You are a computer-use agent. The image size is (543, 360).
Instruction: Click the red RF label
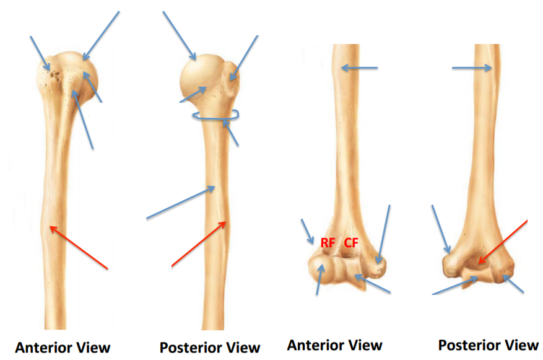pyautogui.click(x=328, y=243)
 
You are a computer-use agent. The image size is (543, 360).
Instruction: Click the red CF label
pyautogui.click(x=352, y=243)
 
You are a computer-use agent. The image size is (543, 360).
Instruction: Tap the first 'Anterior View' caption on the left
pyautogui.click(x=63, y=348)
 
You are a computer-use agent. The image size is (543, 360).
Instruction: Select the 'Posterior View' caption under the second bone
pyautogui.click(x=210, y=348)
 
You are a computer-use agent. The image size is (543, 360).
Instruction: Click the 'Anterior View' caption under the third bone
pyautogui.click(x=334, y=345)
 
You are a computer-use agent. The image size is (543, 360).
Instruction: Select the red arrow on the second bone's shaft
pyautogui.click(x=199, y=244)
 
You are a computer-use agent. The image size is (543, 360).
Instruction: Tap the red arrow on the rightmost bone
pyautogui.click(x=502, y=242)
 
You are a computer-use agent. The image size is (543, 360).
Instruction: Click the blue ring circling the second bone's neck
pyautogui.click(x=215, y=116)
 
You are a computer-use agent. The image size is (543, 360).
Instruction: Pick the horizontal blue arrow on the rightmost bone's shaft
pyautogui.click(x=472, y=68)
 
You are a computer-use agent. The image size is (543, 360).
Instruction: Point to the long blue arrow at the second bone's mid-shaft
pyautogui.click(x=180, y=203)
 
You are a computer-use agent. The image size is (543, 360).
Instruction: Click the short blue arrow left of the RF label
pyautogui.click(x=308, y=231)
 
